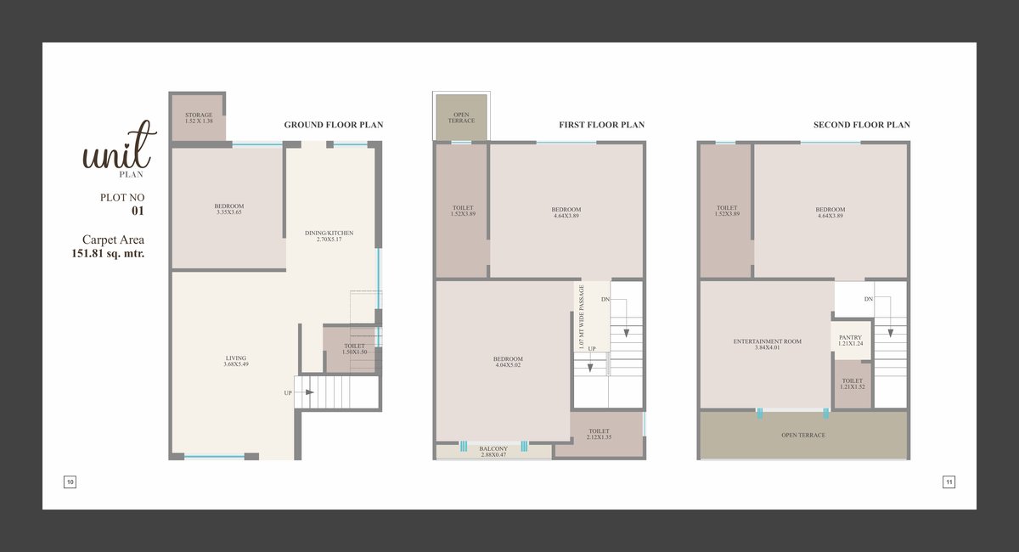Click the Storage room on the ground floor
coord(199,117)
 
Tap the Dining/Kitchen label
coord(329,233)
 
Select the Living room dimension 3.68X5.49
coord(236,364)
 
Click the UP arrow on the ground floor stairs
coord(309,392)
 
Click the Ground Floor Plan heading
coord(334,125)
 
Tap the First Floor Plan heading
coord(602,125)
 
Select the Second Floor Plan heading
coord(862,125)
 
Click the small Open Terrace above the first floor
coord(461,117)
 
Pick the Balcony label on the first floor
coord(493,448)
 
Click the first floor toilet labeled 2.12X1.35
coord(599,434)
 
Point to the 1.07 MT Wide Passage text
coord(581,317)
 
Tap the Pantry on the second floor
coord(851,341)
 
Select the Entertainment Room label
coord(768,341)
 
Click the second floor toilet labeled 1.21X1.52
coord(853,384)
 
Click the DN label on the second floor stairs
coord(869,299)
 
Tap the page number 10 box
coord(70,482)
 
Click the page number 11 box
coord(949,482)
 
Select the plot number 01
coord(138,211)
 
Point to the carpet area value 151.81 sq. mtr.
coord(108,253)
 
